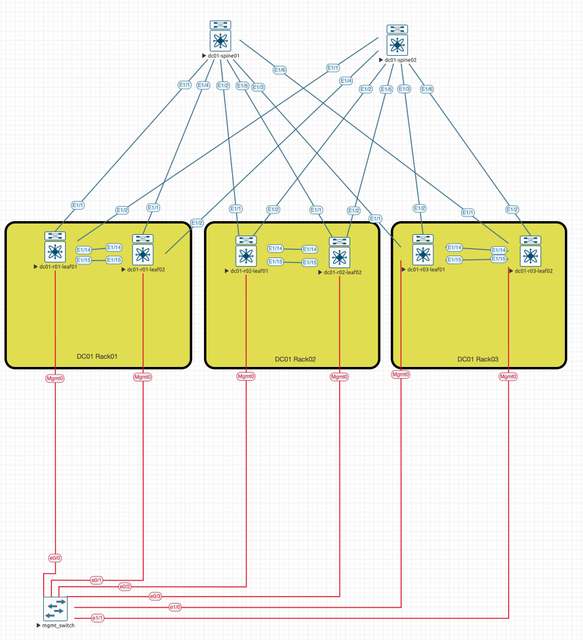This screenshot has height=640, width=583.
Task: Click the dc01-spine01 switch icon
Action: tap(220, 40)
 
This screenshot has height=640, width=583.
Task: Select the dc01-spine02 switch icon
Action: tap(397, 44)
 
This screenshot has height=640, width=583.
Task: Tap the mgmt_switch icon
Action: tap(55, 608)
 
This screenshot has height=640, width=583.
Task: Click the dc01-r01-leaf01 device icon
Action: tap(56, 252)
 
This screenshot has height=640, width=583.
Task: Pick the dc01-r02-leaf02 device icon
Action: tap(340, 256)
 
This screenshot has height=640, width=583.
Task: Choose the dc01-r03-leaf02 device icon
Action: tap(531, 255)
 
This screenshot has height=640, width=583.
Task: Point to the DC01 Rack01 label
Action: tap(97, 356)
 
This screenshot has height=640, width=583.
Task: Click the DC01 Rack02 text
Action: tap(295, 359)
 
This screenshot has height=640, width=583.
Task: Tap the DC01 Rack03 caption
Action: tap(478, 359)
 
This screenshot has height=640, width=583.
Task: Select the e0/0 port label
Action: tap(55, 557)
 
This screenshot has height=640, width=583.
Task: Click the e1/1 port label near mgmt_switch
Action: tap(98, 618)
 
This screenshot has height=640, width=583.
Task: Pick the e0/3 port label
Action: tap(155, 596)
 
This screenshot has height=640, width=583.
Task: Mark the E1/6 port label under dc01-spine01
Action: tap(279, 70)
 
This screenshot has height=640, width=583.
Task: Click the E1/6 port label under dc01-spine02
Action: tap(427, 89)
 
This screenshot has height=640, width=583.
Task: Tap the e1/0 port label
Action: tap(175, 607)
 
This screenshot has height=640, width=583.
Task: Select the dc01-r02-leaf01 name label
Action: tap(249, 271)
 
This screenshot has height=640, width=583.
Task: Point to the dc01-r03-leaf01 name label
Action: tap(425, 270)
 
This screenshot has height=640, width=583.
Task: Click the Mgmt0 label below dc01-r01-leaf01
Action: tap(55, 378)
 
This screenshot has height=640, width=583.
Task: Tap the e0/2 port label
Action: tap(125, 587)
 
